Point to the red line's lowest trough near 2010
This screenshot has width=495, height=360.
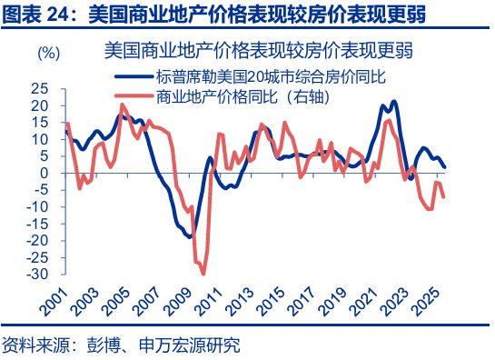coord(203,274)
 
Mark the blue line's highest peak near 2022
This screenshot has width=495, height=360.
coord(393,102)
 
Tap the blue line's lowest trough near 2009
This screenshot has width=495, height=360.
coord(190,236)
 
